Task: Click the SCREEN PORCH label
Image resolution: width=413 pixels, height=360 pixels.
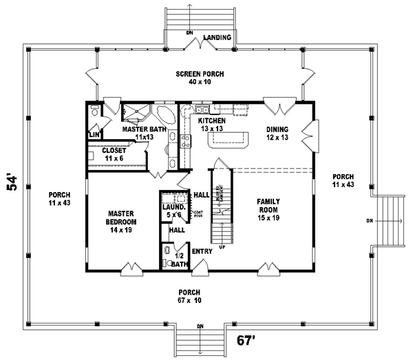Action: coord(200,74)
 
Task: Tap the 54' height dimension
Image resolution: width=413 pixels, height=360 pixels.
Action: coord(13,184)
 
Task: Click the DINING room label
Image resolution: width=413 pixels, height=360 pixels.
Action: coord(277,129)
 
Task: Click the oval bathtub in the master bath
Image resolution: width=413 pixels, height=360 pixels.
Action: coord(167,113)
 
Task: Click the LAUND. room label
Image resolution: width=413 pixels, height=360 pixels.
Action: coord(173,207)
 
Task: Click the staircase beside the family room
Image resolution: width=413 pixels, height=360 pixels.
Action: coord(220,200)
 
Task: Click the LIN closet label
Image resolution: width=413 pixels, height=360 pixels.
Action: coord(92,135)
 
